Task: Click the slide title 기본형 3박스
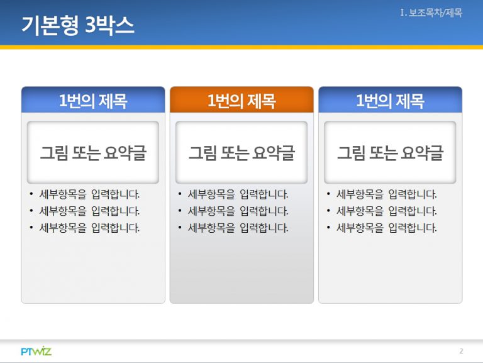pos(77,25)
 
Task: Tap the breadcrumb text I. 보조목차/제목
pos(431,13)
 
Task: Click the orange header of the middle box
pos(241,100)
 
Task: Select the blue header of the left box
pos(93,100)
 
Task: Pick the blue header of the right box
pos(391,100)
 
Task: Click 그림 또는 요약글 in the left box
pos(93,153)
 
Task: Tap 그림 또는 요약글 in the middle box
pos(241,153)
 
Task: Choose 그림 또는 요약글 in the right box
pos(391,153)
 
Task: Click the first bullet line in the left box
pos(84,194)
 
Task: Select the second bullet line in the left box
pos(84,211)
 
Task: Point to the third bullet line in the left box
pos(84,228)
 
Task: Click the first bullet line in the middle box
pos(233,194)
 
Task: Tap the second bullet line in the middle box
pos(233,211)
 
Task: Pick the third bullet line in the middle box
pos(233,228)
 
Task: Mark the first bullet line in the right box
pos(382,194)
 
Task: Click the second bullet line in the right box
pos(382,211)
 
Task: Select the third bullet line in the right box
pos(382,228)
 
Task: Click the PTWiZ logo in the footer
pos(36,351)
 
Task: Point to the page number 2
pos(461,351)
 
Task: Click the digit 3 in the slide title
pos(90,25)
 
